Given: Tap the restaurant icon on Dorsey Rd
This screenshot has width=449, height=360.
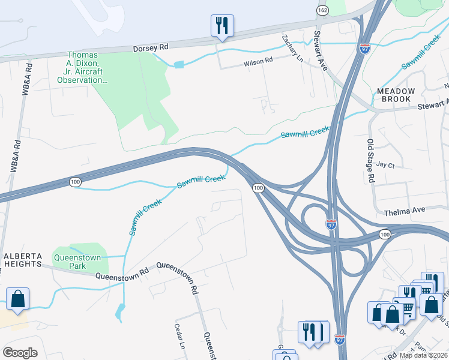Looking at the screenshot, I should click(x=222, y=26).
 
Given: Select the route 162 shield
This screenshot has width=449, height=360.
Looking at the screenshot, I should click(x=323, y=11).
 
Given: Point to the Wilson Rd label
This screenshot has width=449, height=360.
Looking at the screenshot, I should click(x=258, y=61).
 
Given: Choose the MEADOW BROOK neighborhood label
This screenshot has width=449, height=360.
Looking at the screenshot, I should click(x=396, y=95).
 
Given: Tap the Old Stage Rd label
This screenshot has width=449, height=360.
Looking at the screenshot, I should click(x=370, y=161).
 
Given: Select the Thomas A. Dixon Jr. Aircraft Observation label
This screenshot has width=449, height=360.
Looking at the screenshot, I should click(x=86, y=67).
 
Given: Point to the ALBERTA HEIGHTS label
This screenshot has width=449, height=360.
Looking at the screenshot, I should click(x=23, y=259).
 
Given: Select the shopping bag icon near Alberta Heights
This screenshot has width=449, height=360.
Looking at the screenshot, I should click(x=18, y=299).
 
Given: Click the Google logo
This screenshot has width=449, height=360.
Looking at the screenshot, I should click(x=20, y=352).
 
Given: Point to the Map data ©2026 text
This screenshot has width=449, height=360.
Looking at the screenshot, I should click(x=423, y=355).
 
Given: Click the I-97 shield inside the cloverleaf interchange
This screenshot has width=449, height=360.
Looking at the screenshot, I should click(x=331, y=224).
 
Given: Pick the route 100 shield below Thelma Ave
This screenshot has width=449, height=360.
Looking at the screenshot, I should click(x=385, y=233).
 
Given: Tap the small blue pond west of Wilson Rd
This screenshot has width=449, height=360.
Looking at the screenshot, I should click(x=178, y=64).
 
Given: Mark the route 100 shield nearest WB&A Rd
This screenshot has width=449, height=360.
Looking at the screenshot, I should click(x=75, y=181).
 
